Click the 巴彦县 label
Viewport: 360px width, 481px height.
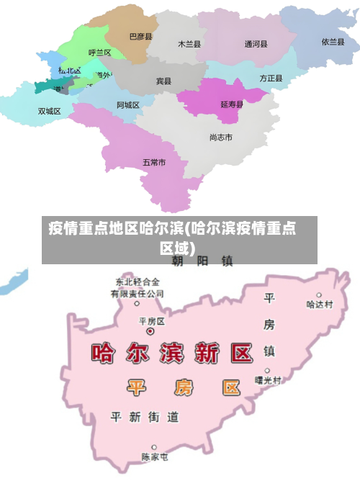141,36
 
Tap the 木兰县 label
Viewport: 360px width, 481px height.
189,44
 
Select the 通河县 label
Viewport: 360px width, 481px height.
256,44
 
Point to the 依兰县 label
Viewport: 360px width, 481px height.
333,42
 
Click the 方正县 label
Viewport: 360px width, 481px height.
271,78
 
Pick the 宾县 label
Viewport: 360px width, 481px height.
164,81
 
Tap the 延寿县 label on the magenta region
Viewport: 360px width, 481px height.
232,104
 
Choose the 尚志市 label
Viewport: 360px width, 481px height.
220,137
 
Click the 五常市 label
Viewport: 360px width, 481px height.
154,163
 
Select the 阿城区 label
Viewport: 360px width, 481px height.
128,105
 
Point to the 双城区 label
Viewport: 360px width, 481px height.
50,112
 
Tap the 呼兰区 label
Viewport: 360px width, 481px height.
99,53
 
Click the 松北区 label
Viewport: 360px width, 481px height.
70,71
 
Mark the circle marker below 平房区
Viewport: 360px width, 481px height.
150,332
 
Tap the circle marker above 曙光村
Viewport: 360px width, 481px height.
267,369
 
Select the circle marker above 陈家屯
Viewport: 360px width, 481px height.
153,447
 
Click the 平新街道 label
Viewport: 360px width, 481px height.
144,417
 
